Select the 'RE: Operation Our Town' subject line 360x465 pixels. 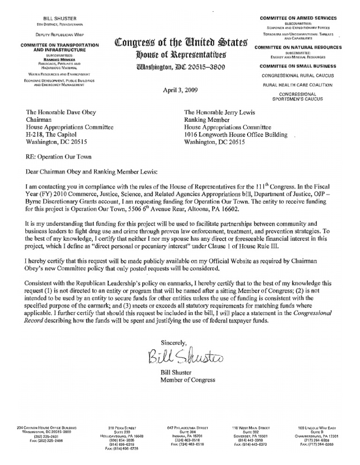tap(60, 157)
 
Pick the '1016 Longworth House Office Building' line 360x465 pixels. tap(236, 134)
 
